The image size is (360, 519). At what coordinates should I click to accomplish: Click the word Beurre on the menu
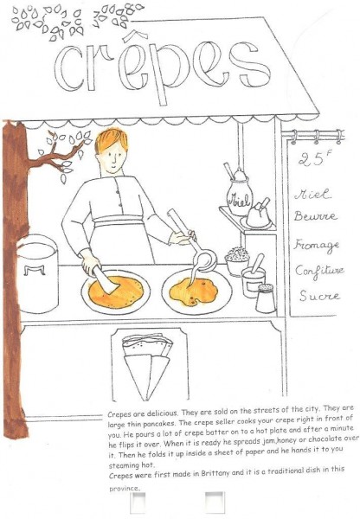(315, 216)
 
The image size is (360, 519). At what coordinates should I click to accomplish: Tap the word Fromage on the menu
(317, 246)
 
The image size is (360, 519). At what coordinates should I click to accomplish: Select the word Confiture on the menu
(319, 272)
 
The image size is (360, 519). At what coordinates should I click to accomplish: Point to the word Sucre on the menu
(319, 296)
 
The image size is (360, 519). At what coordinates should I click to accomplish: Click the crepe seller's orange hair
(111, 139)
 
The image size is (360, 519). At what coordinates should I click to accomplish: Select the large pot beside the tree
(38, 274)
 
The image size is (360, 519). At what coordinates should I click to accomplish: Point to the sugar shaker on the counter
(266, 298)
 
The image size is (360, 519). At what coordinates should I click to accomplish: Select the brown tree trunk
(15, 278)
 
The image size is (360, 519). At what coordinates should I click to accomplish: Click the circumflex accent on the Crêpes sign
(136, 35)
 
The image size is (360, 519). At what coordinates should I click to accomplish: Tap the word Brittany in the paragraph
(217, 473)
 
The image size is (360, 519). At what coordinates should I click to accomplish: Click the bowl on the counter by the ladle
(237, 261)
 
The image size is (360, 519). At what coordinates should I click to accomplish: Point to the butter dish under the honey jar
(258, 219)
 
